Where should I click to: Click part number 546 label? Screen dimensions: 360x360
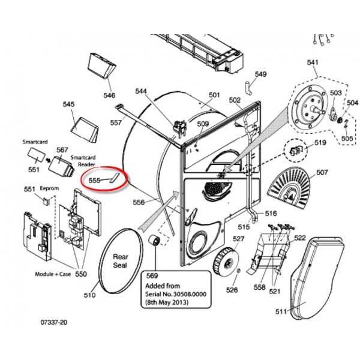(109, 95)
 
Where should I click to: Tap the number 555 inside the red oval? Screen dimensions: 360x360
(94, 179)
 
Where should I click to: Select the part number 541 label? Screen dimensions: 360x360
(313, 62)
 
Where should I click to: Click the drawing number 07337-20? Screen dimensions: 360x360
(54, 323)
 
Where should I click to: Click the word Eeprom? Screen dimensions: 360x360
(49, 188)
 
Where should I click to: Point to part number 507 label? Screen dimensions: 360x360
(322, 173)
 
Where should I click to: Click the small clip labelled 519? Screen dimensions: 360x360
(295, 149)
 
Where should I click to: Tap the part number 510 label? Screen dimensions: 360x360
(89, 295)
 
